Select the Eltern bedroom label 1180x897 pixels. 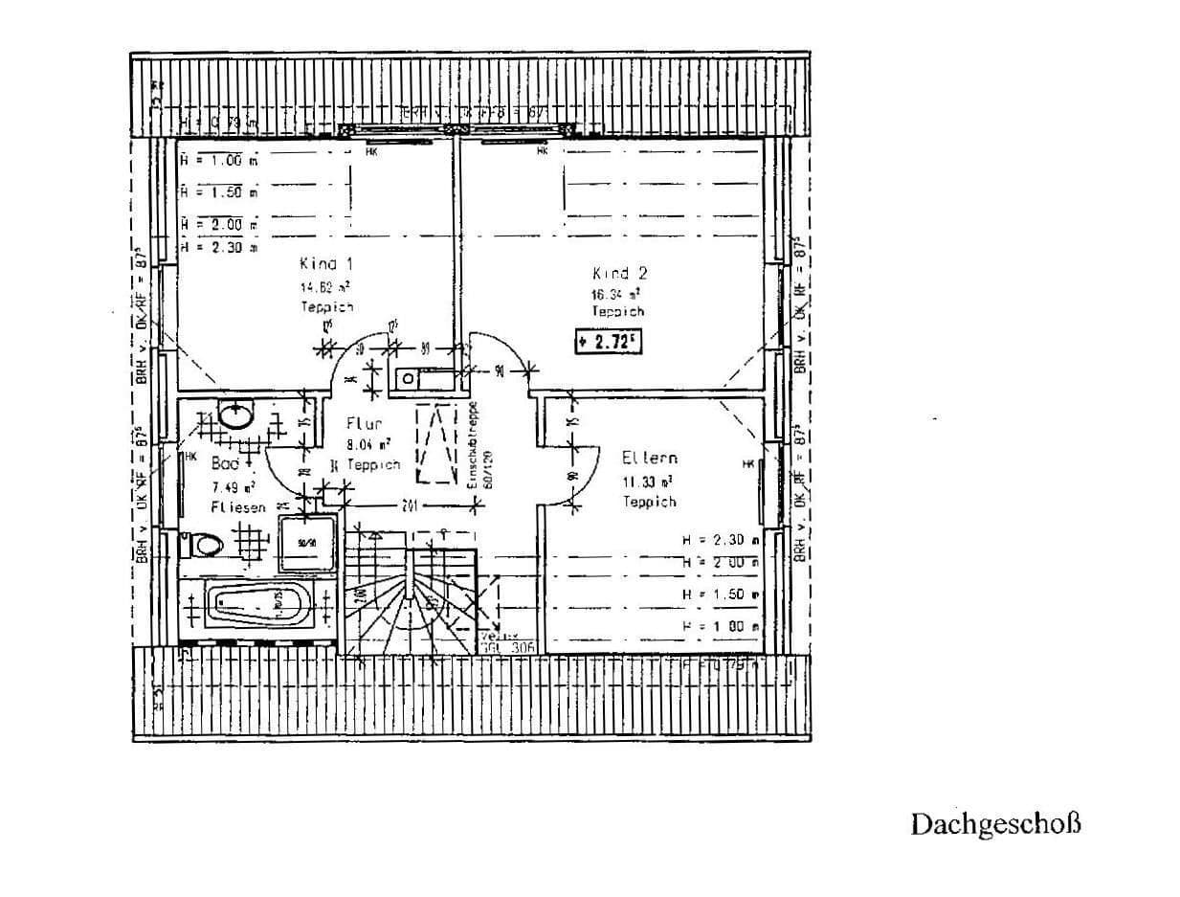(649, 458)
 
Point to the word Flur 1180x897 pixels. (365, 424)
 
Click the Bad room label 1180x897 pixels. (225, 462)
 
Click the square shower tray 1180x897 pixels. (307, 545)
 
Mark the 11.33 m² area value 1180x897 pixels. (648, 482)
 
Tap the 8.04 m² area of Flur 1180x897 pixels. (367, 444)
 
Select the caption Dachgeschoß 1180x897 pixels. (995, 824)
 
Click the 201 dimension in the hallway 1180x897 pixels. (409, 505)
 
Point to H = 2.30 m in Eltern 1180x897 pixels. (720, 540)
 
